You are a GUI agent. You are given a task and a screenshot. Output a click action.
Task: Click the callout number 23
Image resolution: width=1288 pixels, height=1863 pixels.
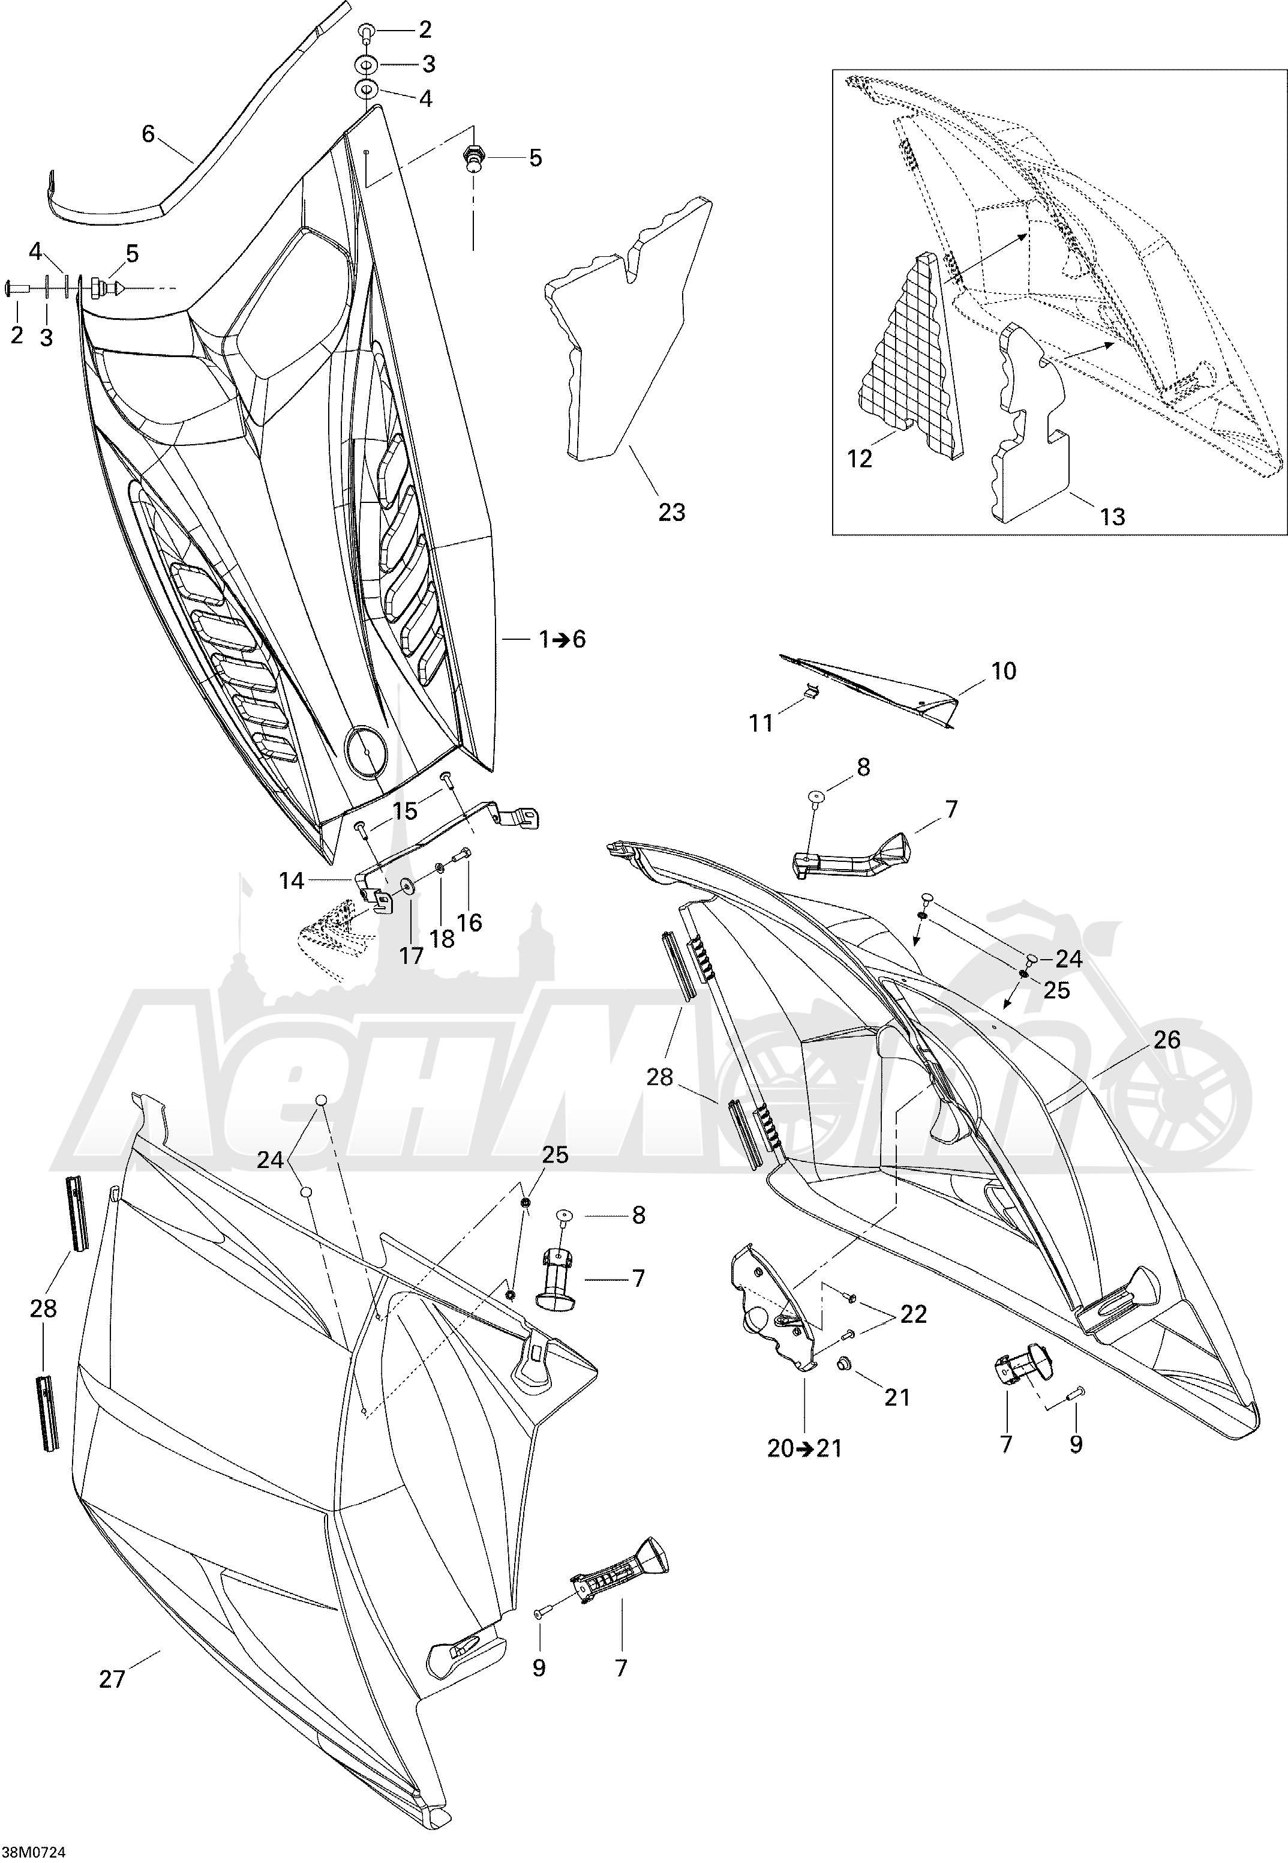(x=671, y=512)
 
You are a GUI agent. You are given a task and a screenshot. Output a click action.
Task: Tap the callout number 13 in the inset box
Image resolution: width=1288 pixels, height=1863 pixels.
(x=1112, y=517)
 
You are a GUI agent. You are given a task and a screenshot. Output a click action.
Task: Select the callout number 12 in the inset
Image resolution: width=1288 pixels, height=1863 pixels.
(x=860, y=459)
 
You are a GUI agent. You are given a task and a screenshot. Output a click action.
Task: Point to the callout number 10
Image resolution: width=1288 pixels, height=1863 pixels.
(x=1003, y=671)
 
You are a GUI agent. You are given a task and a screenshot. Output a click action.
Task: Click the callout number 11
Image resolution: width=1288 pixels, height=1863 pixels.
(x=761, y=723)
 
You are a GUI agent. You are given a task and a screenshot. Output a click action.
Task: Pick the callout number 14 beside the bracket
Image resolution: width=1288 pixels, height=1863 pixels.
(x=292, y=880)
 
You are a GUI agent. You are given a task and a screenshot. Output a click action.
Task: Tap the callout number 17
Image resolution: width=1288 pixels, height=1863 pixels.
(x=411, y=956)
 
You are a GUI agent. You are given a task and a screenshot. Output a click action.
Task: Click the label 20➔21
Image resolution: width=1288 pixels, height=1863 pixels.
(x=804, y=1448)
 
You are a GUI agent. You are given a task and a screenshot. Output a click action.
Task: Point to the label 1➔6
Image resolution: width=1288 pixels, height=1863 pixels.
(x=563, y=639)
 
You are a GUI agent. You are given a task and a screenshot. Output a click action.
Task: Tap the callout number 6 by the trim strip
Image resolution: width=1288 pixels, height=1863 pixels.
(x=148, y=134)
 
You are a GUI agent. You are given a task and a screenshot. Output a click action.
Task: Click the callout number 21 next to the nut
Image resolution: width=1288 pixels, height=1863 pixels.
(x=897, y=1397)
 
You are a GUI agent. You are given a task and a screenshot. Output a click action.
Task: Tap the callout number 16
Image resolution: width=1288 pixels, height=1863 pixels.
(x=469, y=922)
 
